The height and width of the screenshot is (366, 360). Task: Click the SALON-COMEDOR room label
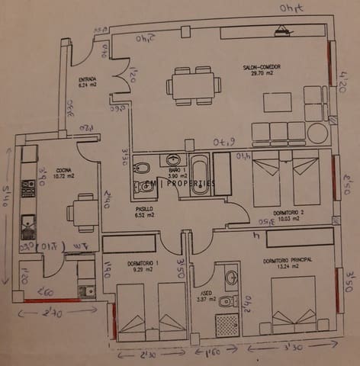261,67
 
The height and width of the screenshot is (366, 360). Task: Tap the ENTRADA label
86,79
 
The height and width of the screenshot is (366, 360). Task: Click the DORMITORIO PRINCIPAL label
288,260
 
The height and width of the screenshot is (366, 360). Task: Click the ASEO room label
206,293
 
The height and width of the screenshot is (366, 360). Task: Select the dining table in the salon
192,85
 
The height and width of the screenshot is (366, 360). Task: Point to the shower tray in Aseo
227,325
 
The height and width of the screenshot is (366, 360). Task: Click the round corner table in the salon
317,133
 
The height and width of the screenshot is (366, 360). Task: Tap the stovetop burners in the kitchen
28,188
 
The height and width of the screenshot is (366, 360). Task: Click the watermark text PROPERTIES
191,183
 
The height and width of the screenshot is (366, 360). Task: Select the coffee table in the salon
277,102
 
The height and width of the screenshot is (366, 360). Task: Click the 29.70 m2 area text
261,74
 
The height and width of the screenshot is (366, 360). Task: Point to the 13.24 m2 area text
288,267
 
